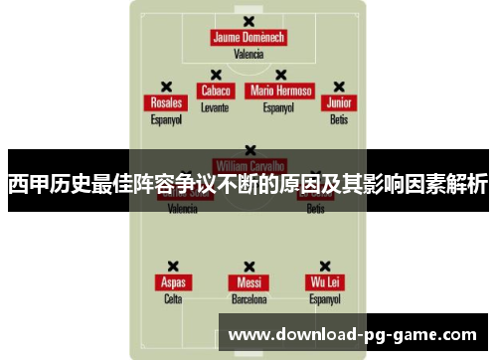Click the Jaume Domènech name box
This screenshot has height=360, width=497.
coord(248,38)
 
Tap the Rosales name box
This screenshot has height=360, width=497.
coord(167,102)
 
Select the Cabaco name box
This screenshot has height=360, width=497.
coord(216,90)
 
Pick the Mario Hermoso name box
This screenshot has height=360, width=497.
coord(281,90)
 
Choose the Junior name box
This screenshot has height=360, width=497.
coord(340,102)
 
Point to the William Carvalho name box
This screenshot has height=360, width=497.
coord(249,165)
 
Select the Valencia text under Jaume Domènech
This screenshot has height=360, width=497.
coord(248,54)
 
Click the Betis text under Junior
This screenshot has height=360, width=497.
coord(340,118)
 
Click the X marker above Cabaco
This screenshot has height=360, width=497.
coord(215,74)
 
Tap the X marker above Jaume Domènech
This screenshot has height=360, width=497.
coord(248,21)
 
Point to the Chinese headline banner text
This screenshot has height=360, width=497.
coord(248,184)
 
